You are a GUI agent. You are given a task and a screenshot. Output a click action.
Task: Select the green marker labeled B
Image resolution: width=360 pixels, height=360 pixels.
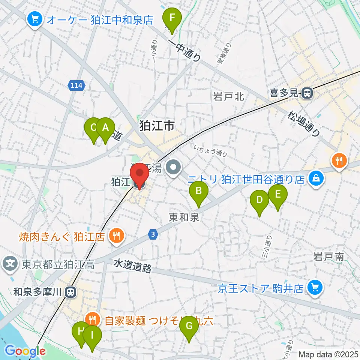click(x=199, y=192)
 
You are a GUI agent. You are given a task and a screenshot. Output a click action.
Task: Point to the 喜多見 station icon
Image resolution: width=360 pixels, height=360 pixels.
click(x=307, y=93)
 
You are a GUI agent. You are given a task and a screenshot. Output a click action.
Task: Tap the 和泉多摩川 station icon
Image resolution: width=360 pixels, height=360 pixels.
click(x=69, y=291)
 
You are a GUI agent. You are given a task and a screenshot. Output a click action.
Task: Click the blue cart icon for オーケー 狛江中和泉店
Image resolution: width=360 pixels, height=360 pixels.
click(x=35, y=19)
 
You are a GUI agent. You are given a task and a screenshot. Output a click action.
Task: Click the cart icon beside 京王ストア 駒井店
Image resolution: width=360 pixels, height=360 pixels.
click(x=314, y=288)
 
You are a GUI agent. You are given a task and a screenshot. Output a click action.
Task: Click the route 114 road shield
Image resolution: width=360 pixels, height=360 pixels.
click(x=76, y=86)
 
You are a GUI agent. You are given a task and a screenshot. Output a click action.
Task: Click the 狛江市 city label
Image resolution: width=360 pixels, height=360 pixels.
click(x=157, y=126)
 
